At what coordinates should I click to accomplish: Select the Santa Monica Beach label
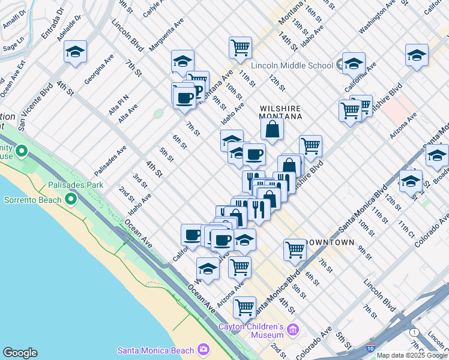click(x=155, y=350)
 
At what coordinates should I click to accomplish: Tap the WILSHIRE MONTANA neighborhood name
click(x=280, y=112)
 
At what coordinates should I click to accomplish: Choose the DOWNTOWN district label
click(x=329, y=242)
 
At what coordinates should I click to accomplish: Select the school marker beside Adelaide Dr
click(x=75, y=52)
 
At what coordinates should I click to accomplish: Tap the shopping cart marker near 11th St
click(x=240, y=47)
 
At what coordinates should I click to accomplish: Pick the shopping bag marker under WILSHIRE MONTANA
click(x=272, y=128)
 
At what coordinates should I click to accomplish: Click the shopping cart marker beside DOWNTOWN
click(x=295, y=250)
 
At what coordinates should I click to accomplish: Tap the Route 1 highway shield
click(x=414, y=332)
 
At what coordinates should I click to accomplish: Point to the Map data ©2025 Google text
click(x=412, y=355)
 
